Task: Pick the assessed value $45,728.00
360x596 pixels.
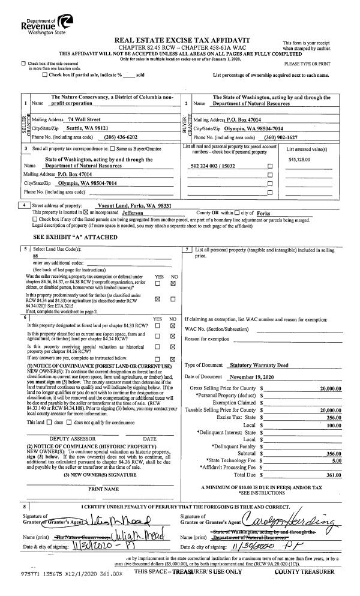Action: pos(301,159)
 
